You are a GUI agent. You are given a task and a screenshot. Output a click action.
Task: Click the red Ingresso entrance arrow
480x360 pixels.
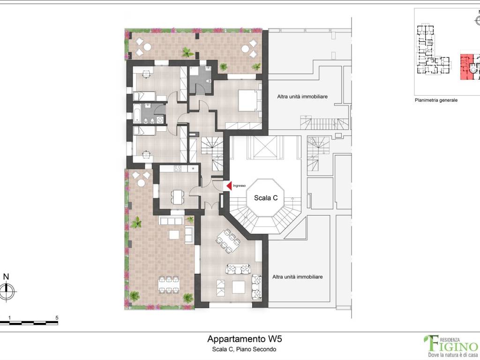pyautogui.click(x=229, y=186)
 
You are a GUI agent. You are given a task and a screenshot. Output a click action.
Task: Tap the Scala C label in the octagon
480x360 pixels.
pyautogui.click(x=266, y=198)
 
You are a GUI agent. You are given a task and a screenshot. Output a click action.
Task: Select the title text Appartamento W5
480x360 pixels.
pyautogui.click(x=244, y=339)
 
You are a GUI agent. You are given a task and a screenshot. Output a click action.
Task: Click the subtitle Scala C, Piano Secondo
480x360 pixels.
pyautogui.click(x=244, y=349)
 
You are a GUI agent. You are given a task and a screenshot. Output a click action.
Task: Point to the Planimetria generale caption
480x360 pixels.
pyautogui.click(x=436, y=100)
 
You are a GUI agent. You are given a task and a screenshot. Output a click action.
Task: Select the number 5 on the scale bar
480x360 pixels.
pyautogui.click(x=57, y=318)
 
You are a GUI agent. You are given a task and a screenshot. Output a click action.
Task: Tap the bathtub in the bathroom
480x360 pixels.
pyautogui.click(x=137, y=113)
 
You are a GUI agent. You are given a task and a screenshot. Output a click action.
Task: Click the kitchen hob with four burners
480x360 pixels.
pyautogui.click(x=178, y=168)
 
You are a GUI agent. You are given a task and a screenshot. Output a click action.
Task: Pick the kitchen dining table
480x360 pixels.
pyautogui.click(x=178, y=197)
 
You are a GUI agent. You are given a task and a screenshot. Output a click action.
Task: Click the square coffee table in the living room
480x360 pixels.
pyautogui.click(x=238, y=287)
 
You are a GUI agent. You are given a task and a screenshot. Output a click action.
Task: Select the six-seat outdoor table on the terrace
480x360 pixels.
pyautogui.click(x=168, y=285)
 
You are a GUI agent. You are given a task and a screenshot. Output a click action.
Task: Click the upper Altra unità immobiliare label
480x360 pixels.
pyautogui.click(x=302, y=97)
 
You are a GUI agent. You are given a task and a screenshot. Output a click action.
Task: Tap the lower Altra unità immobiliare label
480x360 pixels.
pyautogui.click(x=297, y=277)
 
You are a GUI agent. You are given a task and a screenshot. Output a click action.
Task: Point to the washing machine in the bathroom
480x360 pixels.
pyautogui.click(x=160, y=120)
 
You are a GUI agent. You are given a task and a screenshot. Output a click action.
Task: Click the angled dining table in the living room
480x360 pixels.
pyautogui.click(x=228, y=241)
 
